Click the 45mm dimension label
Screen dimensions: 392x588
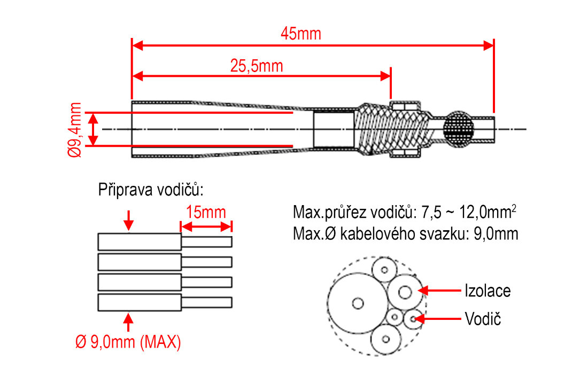pyautogui.click(x=301, y=34)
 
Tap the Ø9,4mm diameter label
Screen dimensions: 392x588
pyautogui.click(x=75, y=129)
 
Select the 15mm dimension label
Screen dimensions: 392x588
pyautogui.click(x=206, y=213)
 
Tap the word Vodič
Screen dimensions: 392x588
pyautogui.click(x=483, y=319)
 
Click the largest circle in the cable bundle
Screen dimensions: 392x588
pyautogui.click(x=357, y=303)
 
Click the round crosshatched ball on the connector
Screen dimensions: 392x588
pyautogui.click(x=459, y=129)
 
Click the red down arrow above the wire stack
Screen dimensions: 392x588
pyautogui.click(x=128, y=220)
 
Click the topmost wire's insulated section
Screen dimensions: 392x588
pyautogui.click(x=140, y=241)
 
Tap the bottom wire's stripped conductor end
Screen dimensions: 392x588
pyautogui.click(x=207, y=302)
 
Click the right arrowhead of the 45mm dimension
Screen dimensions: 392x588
pyautogui.click(x=488, y=45)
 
